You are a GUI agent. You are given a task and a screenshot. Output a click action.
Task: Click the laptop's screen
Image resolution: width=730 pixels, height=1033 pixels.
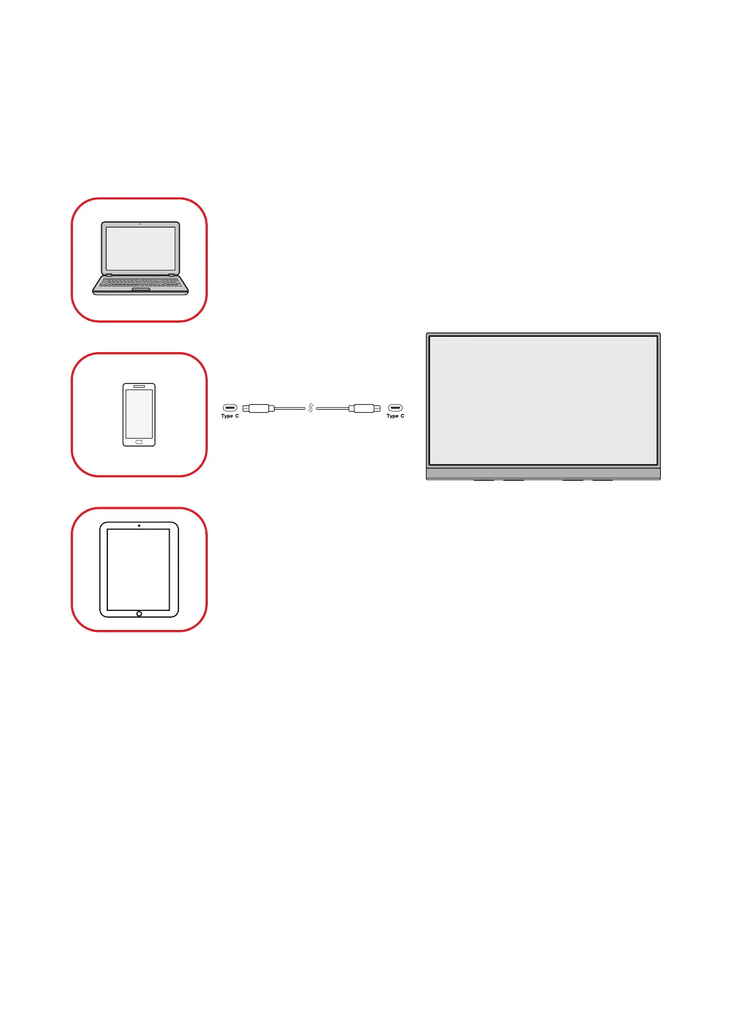point(140,248)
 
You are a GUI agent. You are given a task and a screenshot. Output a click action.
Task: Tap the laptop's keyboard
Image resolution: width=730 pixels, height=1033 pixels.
point(140,282)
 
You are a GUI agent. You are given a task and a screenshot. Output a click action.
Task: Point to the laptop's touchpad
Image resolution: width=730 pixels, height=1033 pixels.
point(140,290)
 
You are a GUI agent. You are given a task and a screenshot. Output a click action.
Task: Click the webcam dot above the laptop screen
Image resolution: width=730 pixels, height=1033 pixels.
point(140,225)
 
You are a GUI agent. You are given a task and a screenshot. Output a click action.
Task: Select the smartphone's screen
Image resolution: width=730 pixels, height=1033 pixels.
point(139,413)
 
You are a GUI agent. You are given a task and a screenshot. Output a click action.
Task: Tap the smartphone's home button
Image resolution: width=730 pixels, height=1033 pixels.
point(139,442)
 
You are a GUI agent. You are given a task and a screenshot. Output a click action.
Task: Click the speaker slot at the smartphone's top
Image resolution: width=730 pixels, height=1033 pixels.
point(139,386)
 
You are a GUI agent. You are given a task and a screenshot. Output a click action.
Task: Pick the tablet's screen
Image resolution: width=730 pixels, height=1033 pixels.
point(139,569)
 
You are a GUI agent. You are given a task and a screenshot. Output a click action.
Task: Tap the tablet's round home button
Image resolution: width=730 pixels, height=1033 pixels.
point(139,613)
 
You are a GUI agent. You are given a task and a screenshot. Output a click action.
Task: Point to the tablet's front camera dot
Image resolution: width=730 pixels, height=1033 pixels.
point(139,526)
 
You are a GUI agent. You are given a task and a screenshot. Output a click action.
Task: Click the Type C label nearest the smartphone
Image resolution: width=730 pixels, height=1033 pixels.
point(230,417)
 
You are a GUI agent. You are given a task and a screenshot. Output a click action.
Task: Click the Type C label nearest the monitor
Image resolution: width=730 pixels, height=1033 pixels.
point(395,417)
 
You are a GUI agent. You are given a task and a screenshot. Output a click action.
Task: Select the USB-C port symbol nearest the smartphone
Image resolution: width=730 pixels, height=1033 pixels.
point(230,407)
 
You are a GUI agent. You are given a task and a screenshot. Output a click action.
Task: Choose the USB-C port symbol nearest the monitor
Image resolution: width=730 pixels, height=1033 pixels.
point(395,407)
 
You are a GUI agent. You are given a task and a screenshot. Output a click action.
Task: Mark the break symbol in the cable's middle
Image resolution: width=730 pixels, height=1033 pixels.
point(311,408)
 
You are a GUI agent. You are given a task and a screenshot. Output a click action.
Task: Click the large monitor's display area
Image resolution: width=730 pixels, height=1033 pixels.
point(543,400)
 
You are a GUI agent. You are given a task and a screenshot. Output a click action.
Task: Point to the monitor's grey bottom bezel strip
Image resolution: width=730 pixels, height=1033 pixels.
point(543,473)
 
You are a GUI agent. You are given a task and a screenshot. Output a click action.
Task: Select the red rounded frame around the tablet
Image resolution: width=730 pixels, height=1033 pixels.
point(72,569)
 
